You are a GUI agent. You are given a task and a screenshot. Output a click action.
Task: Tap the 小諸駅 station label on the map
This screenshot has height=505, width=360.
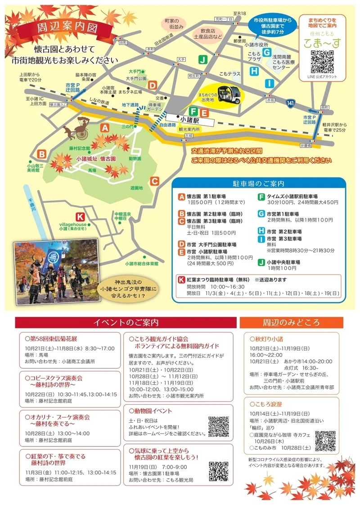click(x=189, y=121)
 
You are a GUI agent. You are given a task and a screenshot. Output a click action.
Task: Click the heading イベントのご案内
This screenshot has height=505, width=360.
click(x=126, y=322)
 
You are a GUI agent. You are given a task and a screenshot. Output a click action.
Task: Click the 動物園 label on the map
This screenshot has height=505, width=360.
click(x=135, y=158)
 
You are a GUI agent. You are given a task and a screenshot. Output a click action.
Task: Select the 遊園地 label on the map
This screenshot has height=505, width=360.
click(x=136, y=188)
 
